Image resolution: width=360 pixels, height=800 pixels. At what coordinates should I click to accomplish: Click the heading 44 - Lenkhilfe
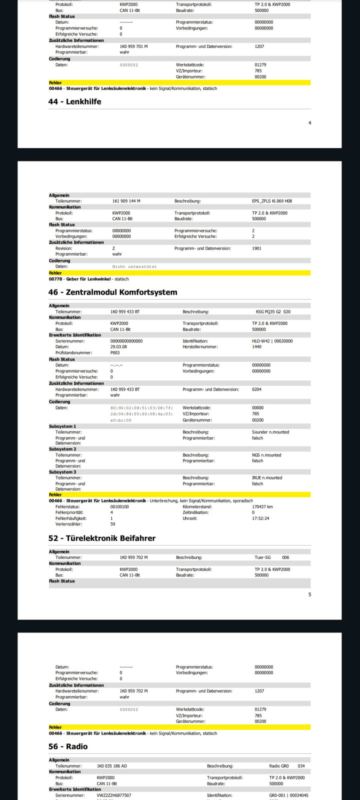[x=74, y=101]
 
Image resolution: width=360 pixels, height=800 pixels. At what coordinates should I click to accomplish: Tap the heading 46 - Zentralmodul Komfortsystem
[x=112, y=292]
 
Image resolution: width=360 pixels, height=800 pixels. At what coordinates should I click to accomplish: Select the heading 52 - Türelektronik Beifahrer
[x=102, y=538]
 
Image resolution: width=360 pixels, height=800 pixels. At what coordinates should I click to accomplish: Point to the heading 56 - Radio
[x=68, y=746]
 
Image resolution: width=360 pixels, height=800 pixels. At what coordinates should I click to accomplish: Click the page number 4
[x=309, y=122]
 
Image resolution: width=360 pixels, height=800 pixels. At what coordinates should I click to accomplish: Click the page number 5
[x=309, y=594]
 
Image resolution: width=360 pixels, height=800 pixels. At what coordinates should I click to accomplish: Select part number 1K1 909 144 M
[x=126, y=201]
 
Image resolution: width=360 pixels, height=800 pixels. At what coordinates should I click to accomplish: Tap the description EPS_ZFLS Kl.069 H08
[x=272, y=201]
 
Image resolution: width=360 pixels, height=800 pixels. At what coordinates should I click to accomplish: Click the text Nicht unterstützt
[x=134, y=266]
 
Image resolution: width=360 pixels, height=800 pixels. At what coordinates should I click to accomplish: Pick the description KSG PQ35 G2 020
[x=273, y=311]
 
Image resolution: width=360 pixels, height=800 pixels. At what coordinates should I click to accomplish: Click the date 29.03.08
[x=118, y=346]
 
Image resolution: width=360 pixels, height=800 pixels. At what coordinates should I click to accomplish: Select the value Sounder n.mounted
[x=270, y=432]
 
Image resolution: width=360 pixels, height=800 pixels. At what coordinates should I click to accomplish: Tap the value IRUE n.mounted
[x=266, y=477]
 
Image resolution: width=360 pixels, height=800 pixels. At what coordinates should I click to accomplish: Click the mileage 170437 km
[x=262, y=506]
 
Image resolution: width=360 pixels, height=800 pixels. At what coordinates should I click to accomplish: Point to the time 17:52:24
[x=260, y=518]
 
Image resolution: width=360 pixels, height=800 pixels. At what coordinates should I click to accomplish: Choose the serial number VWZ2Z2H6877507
[x=114, y=795]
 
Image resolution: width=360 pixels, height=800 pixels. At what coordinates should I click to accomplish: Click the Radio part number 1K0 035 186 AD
[x=112, y=766]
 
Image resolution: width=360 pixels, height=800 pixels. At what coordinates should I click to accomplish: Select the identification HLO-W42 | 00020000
[x=272, y=341]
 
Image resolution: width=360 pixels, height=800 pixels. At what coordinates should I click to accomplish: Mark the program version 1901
[x=256, y=248]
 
